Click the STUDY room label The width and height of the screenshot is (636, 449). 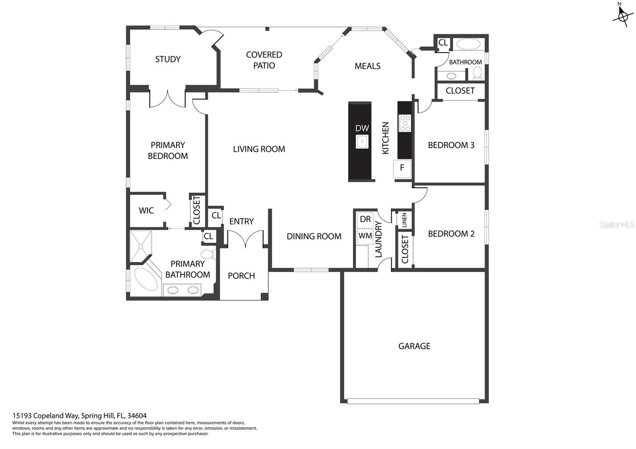[168, 59]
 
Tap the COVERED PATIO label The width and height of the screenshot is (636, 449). [264, 60]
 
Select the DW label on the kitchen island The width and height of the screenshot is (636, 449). [362, 128]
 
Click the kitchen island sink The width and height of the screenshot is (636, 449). [362, 141]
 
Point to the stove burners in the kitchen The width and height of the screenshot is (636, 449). [405, 123]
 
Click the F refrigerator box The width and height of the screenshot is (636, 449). [402, 169]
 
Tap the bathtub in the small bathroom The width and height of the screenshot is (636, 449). [469, 44]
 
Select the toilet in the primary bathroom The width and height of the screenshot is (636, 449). [208, 254]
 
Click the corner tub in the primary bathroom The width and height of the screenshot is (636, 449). [146, 279]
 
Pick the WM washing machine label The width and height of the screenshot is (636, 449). [365, 236]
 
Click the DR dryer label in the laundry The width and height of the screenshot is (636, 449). [365, 219]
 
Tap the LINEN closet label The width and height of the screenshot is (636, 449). [404, 220]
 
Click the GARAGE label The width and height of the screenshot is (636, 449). [414, 346]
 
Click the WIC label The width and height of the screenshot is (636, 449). [146, 211]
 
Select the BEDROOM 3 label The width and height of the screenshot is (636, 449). [451, 145]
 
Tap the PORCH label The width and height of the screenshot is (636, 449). [241, 276]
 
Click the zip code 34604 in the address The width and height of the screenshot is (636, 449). [137, 416]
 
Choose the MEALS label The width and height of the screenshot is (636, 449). [367, 66]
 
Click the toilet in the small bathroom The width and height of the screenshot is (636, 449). [477, 73]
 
